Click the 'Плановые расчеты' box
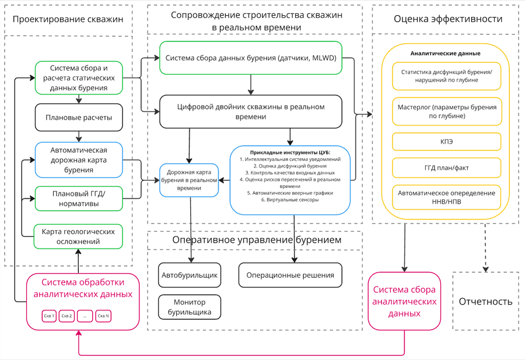pyautogui.click(x=79, y=117)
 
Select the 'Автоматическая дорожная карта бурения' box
pyautogui.click(x=79, y=160)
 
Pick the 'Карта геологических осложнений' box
pyautogui.click(x=79, y=236)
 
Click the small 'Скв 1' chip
pyautogui.click(x=48, y=316)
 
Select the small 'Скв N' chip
pyautogui.click(x=103, y=316)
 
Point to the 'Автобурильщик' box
pyautogui.click(x=190, y=275)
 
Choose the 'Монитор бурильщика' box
pyautogui.click(x=190, y=307)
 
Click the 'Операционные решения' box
pyautogui.click(x=290, y=275)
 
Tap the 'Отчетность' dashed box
pyautogui.click(x=485, y=302)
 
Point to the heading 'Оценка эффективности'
pyautogui.click(x=447, y=19)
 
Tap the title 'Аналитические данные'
pyautogui.click(x=446, y=53)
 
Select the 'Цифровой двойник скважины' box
pyautogui.click(x=250, y=112)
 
